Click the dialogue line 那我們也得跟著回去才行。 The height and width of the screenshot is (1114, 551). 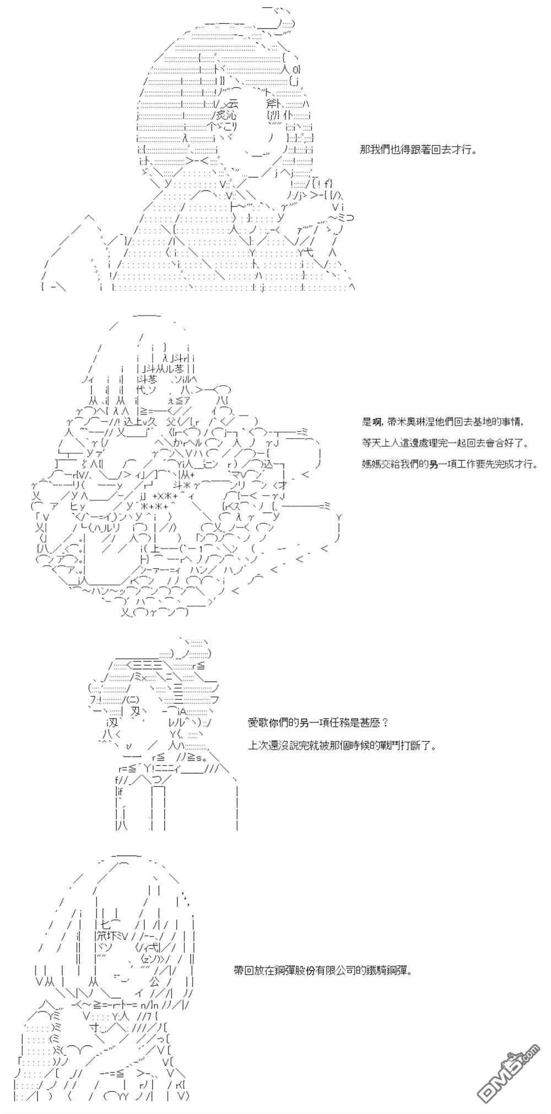coord(418,150)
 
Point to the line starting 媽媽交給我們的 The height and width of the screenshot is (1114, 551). coord(450,464)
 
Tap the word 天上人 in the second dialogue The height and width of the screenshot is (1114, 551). coord(386,443)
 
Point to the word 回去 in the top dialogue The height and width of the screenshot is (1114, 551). coord(437,150)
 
